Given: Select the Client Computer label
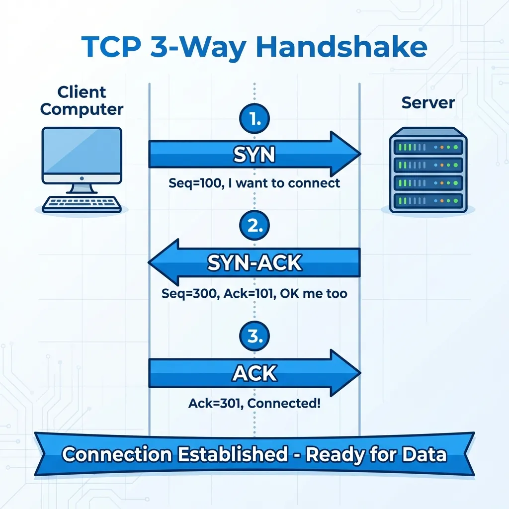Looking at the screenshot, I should (x=82, y=100).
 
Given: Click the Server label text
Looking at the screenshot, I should (x=428, y=103).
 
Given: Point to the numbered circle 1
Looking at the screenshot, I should (x=254, y=119).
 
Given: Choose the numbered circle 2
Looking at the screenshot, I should (x=254, y=226).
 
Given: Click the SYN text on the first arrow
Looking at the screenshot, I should (x=254, y=155).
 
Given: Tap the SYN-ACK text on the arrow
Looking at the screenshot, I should (x=254, y=263).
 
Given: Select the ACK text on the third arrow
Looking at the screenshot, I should (x=254, y=373).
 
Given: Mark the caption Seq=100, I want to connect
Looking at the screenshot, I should (x=254, y=183).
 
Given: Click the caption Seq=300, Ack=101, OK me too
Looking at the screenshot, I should (x=254, y=293).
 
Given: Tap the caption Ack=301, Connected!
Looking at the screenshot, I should (x=254, y=403).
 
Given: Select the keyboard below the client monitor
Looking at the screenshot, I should (x=82, y=204).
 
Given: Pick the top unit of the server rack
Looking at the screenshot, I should (x=428, y=147).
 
